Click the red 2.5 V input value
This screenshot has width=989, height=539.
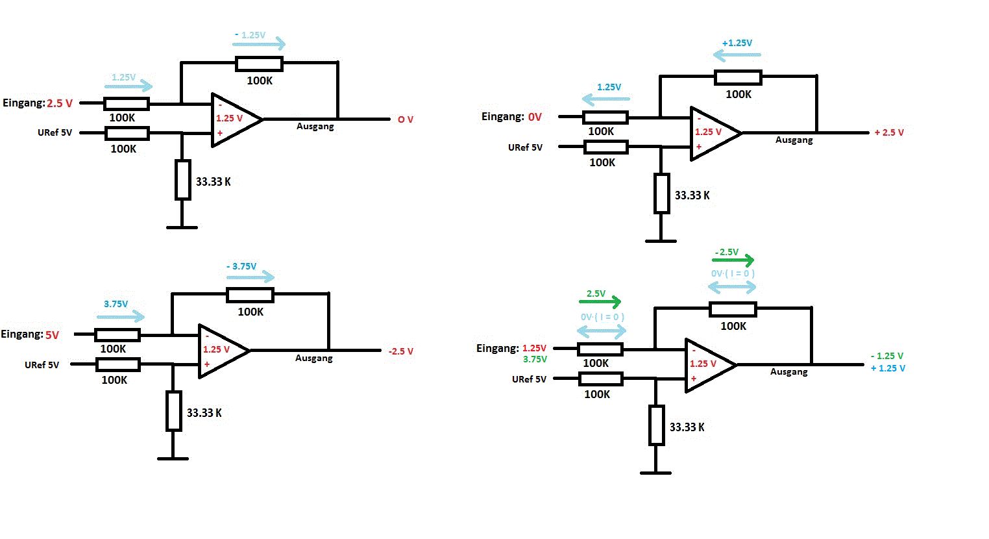click(60, 103)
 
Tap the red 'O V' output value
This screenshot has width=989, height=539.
click(406, 120)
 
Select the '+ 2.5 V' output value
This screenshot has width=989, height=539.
click(888, 132)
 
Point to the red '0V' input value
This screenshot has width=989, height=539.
click(535, 118)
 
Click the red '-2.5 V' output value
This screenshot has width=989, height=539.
click(401, 351)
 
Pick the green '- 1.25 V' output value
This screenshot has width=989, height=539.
click(887, 356)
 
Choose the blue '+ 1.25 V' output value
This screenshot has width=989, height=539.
click(888, 368)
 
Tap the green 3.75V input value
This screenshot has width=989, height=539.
click(535, 359)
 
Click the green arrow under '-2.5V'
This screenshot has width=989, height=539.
click(733, 261)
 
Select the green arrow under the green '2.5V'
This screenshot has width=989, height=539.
click(600, 301)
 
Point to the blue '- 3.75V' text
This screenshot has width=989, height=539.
click(241, 266)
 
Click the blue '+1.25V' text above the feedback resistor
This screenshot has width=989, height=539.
click(737, 43)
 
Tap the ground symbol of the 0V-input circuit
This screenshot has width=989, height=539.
click(661, 241)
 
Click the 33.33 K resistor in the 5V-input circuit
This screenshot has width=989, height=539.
click(173, 411)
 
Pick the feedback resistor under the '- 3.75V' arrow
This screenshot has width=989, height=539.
click(250, 295)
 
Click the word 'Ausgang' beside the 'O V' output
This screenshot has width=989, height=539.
click(315, 127)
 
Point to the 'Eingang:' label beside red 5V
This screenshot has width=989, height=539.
click(21, 334)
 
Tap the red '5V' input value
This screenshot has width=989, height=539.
click(52, 336)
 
